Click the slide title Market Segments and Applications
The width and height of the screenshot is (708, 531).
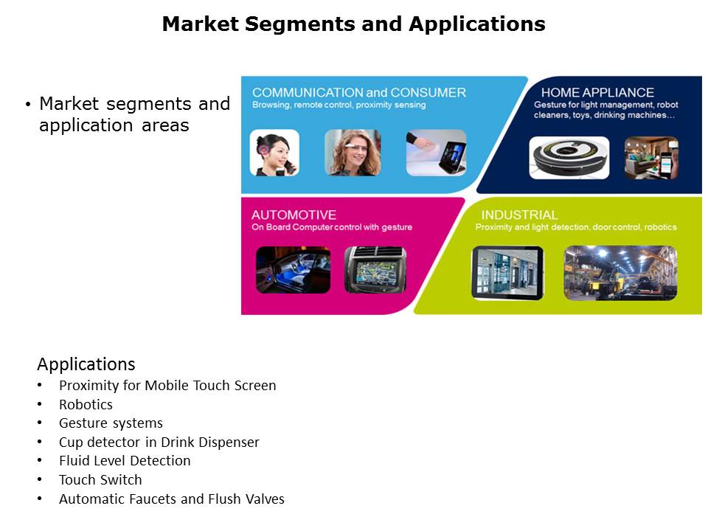[353, 24]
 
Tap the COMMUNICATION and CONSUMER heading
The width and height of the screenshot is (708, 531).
[359, 93]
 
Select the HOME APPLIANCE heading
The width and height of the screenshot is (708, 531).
[597, 93]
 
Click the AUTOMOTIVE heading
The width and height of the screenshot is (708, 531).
[294, 215]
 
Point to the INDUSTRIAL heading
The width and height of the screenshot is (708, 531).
[519, 215]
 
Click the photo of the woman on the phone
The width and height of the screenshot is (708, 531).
[274, 153]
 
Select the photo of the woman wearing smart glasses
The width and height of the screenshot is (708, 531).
[353, 153]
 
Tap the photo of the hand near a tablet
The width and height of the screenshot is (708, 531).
[436, 153]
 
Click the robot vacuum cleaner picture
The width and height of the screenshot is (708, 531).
[569, 158]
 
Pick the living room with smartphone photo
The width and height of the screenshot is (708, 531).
[651, 158]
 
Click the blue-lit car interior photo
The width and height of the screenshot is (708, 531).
[293, 270]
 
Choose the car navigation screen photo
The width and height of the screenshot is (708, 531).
[375, 270]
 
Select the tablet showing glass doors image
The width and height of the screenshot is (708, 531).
[507, 273]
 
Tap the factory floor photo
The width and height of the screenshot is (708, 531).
[621, 273]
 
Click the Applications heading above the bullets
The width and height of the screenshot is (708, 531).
[86, 364]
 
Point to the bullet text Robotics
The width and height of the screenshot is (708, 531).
[86, 405]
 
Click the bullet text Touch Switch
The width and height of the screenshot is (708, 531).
[100, 479]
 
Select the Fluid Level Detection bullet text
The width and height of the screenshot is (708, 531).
[125, 460]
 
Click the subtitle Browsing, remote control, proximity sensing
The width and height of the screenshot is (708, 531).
[339, 105]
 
